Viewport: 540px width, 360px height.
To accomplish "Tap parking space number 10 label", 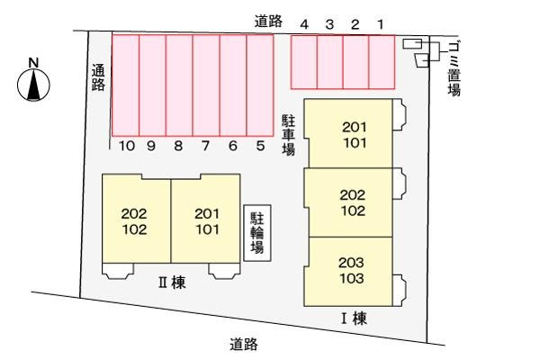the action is tap(127, 146).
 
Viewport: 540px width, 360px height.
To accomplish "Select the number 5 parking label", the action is tap(260, 146).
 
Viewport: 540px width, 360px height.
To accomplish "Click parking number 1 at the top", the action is tap(380, 24).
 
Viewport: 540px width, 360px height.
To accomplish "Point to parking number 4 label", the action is tap(304, 24).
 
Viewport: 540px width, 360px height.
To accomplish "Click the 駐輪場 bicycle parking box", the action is tap(257, 233).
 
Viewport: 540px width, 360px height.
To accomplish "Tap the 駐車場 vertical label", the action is tap(289, 135).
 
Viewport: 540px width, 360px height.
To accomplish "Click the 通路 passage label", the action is tap(98, 77).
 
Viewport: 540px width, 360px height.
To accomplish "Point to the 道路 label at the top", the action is tap(268, 22).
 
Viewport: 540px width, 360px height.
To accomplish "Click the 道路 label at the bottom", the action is tap(244, 344).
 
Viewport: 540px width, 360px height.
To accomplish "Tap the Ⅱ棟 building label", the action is tap(172, 283).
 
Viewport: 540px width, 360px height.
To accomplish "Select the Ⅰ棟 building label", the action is tap(354, 319).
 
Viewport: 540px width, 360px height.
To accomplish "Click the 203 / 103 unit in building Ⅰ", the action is tap(351, 271).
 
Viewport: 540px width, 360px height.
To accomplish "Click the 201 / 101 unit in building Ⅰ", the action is tap(351, 134).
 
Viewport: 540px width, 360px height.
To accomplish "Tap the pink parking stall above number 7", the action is tap(206, 85).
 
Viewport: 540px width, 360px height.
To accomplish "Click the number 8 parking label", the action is tap(178, 146).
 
